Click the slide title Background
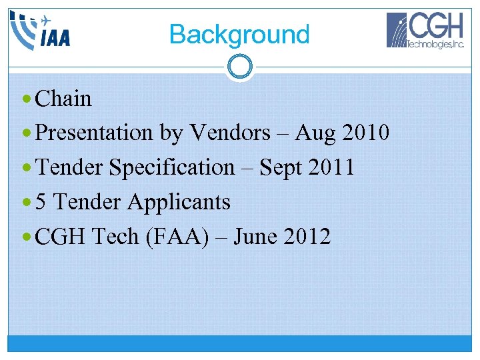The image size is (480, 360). [x=239, y=34]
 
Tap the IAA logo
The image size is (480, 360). [x=41, y=31]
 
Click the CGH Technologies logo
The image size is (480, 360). [x=426, y=31]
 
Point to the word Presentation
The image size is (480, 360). [x=94, y=133]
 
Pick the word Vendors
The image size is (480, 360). [x=230, y=133]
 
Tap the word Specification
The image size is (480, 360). [x=172, y=167]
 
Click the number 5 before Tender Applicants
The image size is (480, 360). [x=41, y=202]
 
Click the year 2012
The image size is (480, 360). [x=306, y=237]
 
